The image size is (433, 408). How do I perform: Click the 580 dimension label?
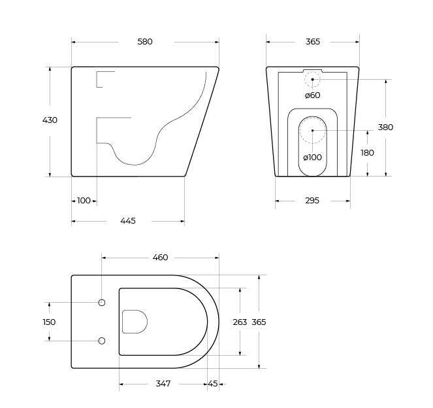point(145,42)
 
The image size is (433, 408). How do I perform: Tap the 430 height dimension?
point(50,120)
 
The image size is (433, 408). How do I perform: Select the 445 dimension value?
point(128,221)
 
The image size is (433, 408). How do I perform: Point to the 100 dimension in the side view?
point(84,201)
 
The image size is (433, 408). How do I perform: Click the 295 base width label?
point(312,201)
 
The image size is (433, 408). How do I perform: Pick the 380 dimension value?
point(385,127)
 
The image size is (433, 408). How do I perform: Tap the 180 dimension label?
point(367,152)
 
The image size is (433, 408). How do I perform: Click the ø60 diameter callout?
point(313,95)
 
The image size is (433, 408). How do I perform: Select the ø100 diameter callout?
point(313,158)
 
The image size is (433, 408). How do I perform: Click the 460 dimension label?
point(160,258)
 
